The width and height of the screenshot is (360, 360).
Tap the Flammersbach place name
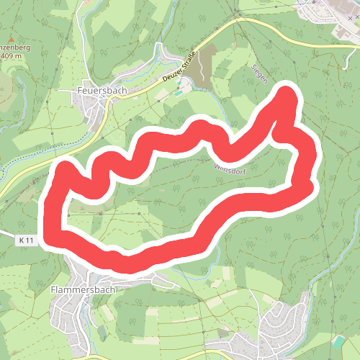click(x=83, y=289)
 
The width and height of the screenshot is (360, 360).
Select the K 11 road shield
click(x=27, y=239)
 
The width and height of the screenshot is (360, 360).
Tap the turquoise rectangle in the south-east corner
click(x=339, y=340)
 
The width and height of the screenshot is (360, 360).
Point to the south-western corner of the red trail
click(x=53, y=238)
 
